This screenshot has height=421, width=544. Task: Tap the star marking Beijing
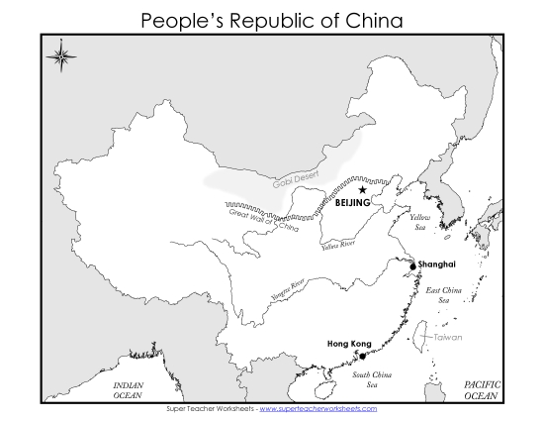click(x=363, y=189)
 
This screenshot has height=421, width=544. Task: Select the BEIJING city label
click(x=353, y=203)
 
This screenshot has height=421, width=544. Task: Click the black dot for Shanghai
click(x=411, y=265)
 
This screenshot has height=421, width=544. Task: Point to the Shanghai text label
click(x=437, y=265)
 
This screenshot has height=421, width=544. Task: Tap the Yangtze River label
click(x=285, y=291)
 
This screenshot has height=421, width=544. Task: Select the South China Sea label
click(x=371, y=379)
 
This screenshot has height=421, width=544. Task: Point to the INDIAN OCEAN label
click(x=128, y=389)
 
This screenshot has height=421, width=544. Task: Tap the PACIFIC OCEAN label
click(x=484, y=389)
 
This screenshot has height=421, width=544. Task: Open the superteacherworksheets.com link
click(x=318, y=408)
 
